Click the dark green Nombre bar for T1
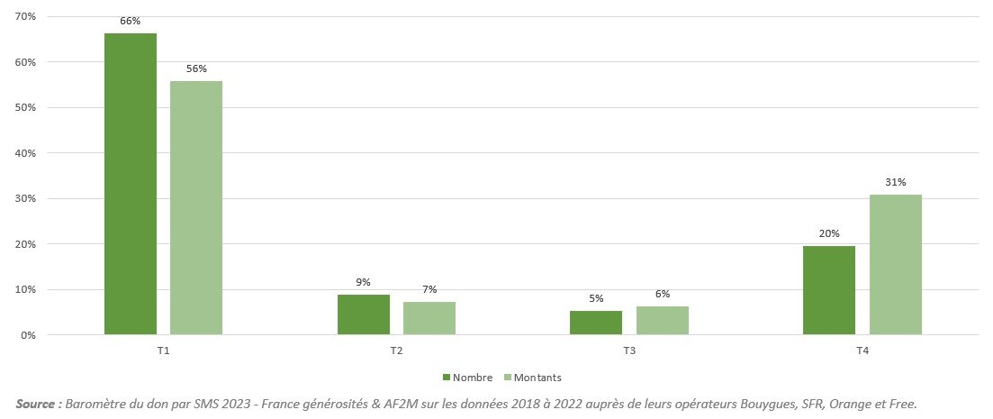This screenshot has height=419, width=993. coord(131,184)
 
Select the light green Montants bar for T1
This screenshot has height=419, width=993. coord(196,207)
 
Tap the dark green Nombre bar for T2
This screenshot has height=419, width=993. coord(364,314)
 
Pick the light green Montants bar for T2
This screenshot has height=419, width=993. coord(429,318)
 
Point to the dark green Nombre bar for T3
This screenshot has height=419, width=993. coord(596,323)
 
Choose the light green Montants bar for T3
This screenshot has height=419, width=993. coord(663,320)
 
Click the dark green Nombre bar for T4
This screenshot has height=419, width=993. coord(829,290)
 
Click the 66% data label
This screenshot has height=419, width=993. coord(131,21)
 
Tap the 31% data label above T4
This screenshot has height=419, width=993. coord(896,181)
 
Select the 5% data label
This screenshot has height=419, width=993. coord(596,298)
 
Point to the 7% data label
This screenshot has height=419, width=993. coord(429,289)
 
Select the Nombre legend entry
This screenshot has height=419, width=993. coord(466,378)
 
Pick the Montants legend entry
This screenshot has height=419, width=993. coord(537,378)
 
